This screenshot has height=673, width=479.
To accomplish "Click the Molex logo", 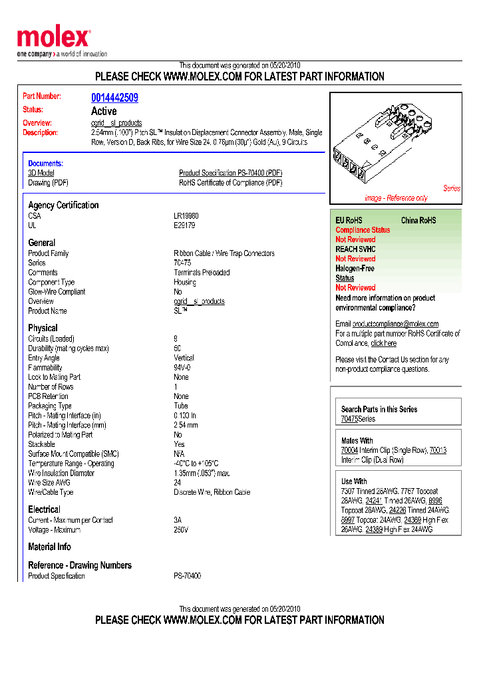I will click(53, 39).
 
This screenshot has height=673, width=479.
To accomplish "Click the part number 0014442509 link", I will click(114, 98).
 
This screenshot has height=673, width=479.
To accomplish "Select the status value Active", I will click(104, 111).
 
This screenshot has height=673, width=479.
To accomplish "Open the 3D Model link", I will click(41, 173).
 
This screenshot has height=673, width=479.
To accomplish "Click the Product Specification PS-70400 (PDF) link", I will click(230, 173).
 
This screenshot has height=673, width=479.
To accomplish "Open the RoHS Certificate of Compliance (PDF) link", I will click(230, 183).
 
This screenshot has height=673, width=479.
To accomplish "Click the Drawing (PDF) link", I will click(48, 183).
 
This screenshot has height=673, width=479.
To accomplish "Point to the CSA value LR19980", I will click(186, 216).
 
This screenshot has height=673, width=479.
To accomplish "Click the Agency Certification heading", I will click(63, 205).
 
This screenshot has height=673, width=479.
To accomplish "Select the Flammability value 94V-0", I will click(182, 368).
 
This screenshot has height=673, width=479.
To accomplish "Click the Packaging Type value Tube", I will click(181, 406).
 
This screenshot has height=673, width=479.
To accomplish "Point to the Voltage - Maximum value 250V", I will click(181, 530).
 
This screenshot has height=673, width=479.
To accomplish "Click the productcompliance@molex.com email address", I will click(395, 324).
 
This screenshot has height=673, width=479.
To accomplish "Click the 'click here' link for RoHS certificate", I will click(383, 343).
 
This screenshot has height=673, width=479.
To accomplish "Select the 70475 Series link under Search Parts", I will click(349, 419).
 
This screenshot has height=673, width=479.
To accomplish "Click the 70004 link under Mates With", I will click(349, 450).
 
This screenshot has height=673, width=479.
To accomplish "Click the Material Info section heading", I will click(49, 547).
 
